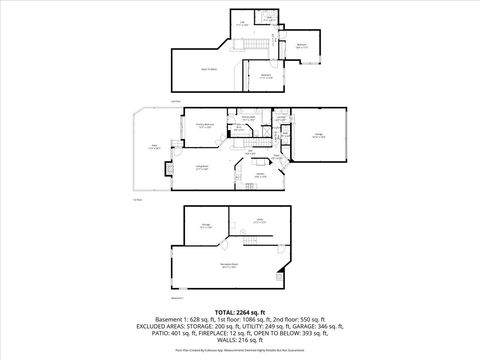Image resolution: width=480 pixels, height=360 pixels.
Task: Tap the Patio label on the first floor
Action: click(155, 147)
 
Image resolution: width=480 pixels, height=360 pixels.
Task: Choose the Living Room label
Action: click(202, 168)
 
